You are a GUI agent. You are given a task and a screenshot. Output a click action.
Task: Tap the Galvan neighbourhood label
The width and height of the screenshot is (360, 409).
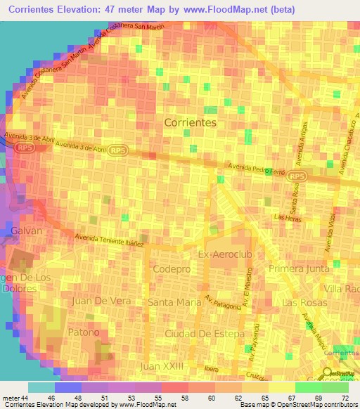coord(26,231)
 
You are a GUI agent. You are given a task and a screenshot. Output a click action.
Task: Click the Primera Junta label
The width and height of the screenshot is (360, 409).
coord(298,268)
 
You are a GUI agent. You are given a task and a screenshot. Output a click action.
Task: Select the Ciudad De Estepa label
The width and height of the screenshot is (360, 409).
coord(204,332)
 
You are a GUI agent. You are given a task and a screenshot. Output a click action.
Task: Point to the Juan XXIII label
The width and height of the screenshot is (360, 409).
coord(162,366)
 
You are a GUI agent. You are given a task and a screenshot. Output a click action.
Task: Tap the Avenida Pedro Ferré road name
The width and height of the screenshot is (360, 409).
coord(256,169)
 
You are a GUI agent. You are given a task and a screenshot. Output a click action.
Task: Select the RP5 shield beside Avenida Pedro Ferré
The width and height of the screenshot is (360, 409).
coord(298,176)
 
